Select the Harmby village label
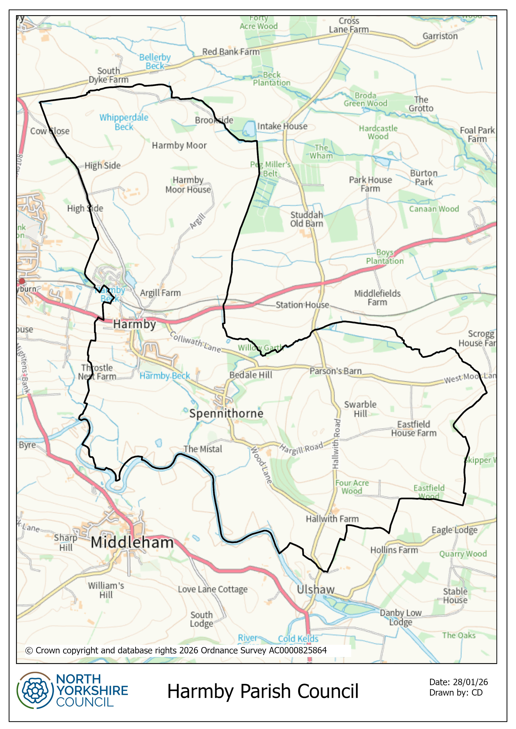134,324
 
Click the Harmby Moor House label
188,185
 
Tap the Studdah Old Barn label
306,219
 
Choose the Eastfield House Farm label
414,429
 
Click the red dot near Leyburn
22,281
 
